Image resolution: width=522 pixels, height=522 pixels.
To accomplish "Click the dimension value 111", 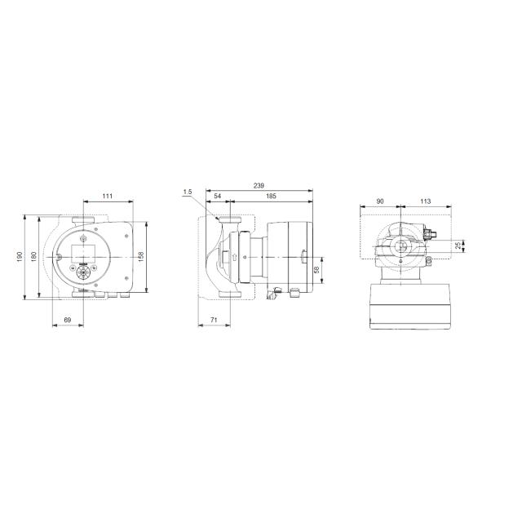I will [x=107, y=197].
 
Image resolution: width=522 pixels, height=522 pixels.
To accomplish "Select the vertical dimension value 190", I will [x=20, y=256].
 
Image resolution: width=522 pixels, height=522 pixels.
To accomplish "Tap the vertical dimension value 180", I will [x=33, y=256].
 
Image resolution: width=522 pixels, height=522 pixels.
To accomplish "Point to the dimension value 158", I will [x=140, y=256].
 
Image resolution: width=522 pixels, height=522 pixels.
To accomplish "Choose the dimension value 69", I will [x=68, y=321].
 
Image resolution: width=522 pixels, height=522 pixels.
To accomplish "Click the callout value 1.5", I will [x=188, y=192].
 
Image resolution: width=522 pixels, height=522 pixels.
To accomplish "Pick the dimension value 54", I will [x=218, y=197].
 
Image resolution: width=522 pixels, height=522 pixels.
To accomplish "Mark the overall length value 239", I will [x=259, y=185].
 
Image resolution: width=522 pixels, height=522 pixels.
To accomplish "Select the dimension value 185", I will [x=271, y=197].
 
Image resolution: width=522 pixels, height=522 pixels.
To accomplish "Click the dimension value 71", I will [x=214, y=321].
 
